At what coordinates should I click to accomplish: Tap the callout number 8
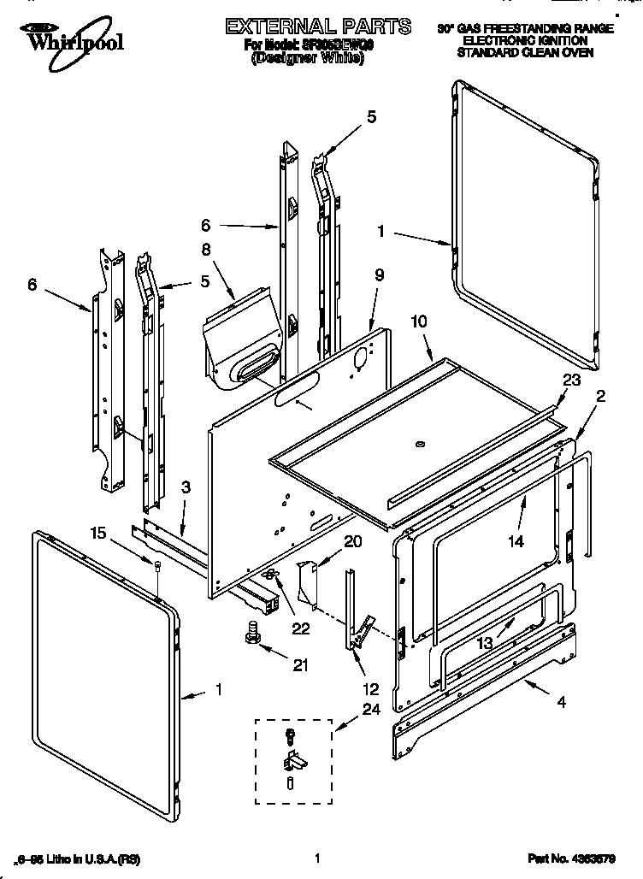tap(205, 251)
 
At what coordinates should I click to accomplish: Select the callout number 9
tap(379, 276)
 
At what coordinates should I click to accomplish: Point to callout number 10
tap(418, 322)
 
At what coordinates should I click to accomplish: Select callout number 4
tap(561, 704)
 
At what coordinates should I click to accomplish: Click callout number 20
tap(352, 540)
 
